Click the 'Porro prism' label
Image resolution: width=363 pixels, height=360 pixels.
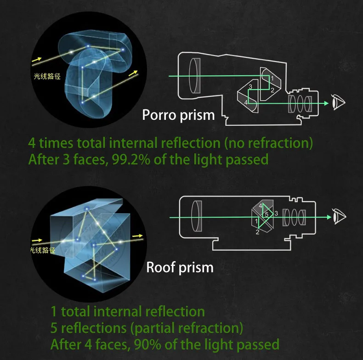(178, 115)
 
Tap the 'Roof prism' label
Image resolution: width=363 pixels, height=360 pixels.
(180, 267)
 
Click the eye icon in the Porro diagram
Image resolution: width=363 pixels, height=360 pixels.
(339, 102)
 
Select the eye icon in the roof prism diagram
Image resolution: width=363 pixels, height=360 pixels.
(340, 216)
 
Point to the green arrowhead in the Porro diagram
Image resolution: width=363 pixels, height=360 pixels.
(326, 103)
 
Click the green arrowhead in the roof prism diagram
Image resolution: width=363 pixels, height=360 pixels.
(329, 217)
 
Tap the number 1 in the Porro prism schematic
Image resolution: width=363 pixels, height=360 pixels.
(272, 79)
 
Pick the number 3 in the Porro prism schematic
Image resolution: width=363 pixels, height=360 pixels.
(250, 86)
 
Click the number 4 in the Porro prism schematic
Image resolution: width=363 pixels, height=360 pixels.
(246, 102)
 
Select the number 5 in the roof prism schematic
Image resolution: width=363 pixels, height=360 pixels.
(267, 214)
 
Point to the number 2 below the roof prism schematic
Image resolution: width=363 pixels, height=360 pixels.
(257, 232)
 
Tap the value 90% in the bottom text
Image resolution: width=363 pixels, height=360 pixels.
(147, 344)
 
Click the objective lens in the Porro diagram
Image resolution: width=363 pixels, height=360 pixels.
(195, 76)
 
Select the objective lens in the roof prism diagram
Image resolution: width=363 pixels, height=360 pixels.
(197, 216)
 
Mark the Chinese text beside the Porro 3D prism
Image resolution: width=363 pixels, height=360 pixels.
(47, 76)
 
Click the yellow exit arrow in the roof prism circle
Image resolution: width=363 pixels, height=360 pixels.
(137, 236)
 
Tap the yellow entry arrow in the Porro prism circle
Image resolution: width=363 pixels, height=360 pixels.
(37, 60)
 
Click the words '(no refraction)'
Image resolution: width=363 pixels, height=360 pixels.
(268, 143)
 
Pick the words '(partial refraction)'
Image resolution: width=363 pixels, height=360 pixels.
(187, 328)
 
